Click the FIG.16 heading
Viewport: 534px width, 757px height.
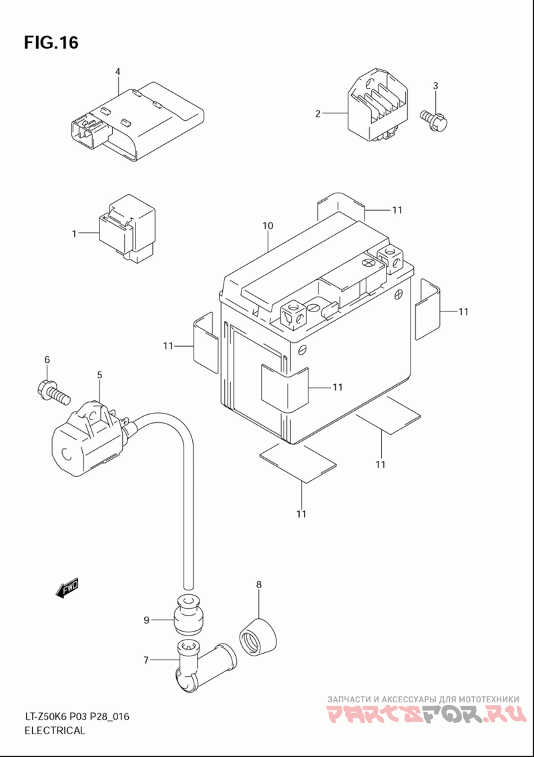(51, 43)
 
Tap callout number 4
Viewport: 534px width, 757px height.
(117, 72)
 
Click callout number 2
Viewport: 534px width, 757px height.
(318, 114)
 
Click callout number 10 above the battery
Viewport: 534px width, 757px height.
(268, 225)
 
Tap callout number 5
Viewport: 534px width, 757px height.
(99, 375)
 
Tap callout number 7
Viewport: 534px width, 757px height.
(146, 660)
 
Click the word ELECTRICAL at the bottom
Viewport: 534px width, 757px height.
(55, 730)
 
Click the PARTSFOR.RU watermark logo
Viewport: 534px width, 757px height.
(427, 714)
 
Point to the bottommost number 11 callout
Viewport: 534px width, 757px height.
(301, 514)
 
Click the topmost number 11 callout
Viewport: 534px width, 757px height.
(396, 210)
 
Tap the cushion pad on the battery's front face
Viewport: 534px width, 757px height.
(284, 385)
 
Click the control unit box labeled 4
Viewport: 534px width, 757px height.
(138, 121)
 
